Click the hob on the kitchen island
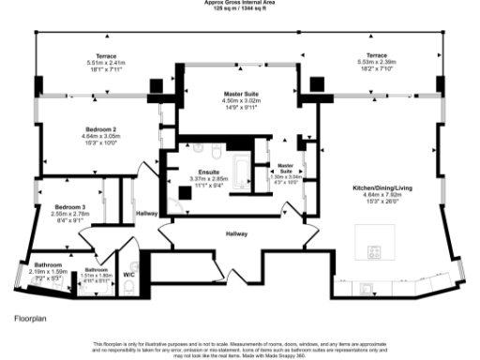click(375, 251)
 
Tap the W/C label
click(129, 275)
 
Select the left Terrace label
click(92, 56)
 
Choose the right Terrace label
click(376, 55)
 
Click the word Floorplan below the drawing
click(31, 319)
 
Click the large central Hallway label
click(235, 234)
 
